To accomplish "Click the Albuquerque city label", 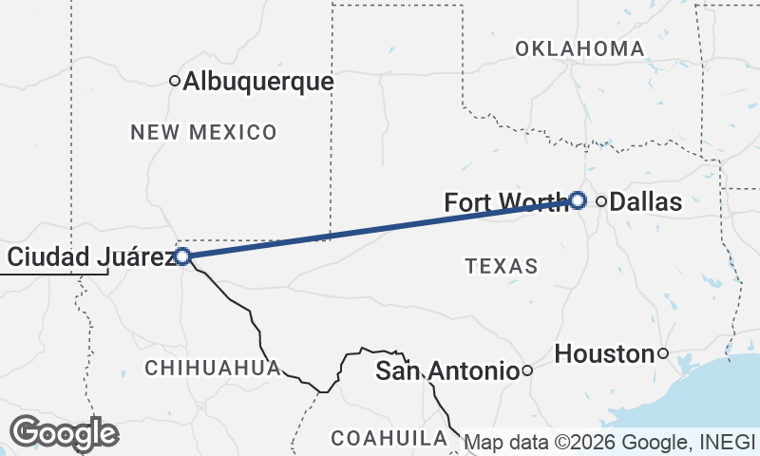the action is [x=257, y=83].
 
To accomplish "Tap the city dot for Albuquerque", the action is [x=175, y=82].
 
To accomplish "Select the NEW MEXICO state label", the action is [x=203, y=132].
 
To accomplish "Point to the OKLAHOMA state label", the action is [x=579, y=48].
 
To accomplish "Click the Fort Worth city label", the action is [x=506, y=203].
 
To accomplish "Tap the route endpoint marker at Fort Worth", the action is [x=578, y=200].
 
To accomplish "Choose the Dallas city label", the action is [x=645, y=201].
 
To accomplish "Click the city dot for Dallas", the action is [x=601, y=200].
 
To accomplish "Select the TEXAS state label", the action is [x=502, y=266].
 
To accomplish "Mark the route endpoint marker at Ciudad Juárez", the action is [x=182, y=256].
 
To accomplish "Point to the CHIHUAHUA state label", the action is [x=212, y=367].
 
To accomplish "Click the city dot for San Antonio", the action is [x=527, y=371].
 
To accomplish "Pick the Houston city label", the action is [x=604, y=354].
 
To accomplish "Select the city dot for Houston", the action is [x=663, y=354].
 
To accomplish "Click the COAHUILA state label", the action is [x=389, y=438].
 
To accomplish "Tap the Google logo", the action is [x=65, y=433].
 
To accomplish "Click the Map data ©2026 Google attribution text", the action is [x=608, y=442].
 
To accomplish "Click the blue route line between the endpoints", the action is [x=380, y=228].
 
